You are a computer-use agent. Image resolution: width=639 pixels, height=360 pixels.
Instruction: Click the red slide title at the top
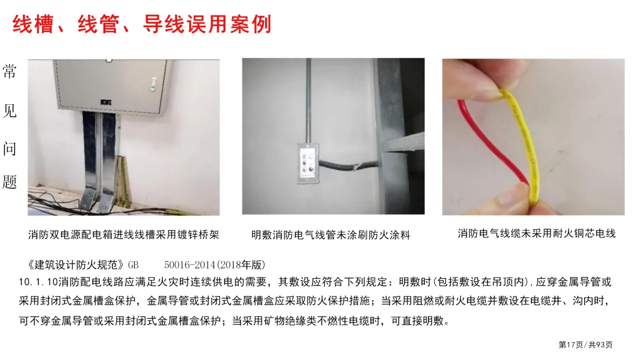tap(142, 24)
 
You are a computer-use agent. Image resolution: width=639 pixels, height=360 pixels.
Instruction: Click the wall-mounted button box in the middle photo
tap(308, 163)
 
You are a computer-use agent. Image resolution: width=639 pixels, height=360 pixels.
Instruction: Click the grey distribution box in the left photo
tap(112, 86)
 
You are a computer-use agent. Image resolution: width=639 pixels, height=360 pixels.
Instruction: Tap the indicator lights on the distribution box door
tap(153, 83)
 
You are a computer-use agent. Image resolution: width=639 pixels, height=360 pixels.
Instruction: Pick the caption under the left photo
tap(124, 234)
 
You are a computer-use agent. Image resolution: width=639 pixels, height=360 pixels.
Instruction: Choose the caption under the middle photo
tap(331, 235)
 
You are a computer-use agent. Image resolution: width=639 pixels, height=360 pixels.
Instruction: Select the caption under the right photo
tap(536, 233)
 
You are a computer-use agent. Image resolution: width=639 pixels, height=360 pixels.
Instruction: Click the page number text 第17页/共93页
tap(585, 345)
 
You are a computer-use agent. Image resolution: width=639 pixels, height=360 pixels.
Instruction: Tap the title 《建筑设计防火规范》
tap(75, 265)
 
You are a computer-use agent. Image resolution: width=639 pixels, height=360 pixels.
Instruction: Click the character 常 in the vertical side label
tap(9, 71)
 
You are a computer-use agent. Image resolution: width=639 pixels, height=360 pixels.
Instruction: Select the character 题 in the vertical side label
tap(9, 182)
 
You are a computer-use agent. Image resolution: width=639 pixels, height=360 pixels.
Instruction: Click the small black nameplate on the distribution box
tap(106, 102)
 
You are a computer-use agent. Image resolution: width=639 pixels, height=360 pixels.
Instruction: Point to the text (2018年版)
tap(240, 265)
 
